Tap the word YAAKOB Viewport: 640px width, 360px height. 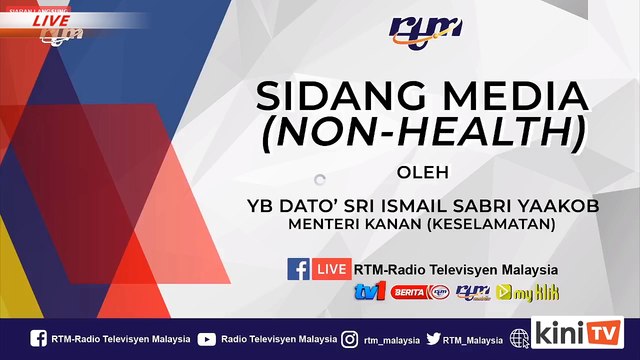(540, 207)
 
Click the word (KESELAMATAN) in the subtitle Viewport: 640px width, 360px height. (494, 226)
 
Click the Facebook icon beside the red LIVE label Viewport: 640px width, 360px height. (298, 269)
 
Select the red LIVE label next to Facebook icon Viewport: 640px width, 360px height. (331, 269)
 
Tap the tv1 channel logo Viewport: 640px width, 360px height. (369, 293)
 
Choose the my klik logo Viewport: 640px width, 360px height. (535, 293)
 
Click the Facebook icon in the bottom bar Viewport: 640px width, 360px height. (39, 338)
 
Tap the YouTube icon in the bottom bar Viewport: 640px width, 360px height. (206, 338)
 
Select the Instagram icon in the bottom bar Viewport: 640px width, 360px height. (350, 338)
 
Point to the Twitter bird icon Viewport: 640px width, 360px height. (433, 338)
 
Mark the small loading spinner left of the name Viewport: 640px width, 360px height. (319, 180)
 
